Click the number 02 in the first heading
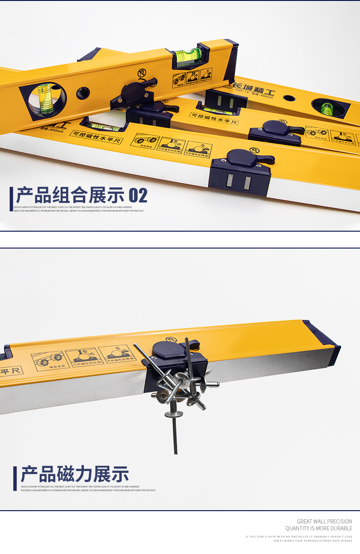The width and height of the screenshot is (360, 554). tap(138, 195)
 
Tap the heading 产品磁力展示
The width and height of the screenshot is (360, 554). tap(75, 474)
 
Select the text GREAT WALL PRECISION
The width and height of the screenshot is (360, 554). tap(324, 522)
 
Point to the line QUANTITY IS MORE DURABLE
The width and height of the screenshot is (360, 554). tap(319, 528)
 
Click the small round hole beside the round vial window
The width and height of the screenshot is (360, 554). tap(83, 93)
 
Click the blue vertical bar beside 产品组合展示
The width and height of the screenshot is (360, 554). tap(11, 199)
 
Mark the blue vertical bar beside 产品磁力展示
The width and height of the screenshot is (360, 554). tap(15, 478)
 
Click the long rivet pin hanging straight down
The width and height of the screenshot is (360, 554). tap(175, 433)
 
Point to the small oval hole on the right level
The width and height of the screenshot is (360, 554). tap(289, 98)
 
